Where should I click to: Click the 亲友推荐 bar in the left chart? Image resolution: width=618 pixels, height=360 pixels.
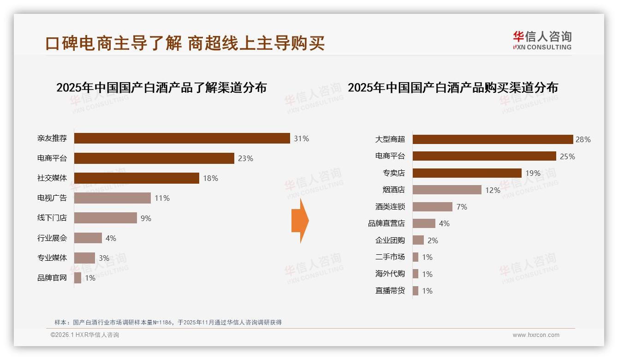182,138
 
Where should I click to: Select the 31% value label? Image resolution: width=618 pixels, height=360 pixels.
301,138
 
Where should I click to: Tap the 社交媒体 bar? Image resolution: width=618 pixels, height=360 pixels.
137,178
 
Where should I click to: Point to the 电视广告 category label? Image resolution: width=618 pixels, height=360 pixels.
52,198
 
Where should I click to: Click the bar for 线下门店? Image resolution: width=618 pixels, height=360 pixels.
106,218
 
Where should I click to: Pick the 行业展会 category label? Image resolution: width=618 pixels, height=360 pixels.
52,238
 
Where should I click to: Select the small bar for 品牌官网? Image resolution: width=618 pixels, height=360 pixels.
77,278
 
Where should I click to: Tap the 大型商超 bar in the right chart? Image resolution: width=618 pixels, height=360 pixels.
493,139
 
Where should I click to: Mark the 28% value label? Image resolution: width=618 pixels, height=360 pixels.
583,139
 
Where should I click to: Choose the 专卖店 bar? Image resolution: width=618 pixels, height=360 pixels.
467,173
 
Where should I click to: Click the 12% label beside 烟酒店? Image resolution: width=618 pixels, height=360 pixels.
493,190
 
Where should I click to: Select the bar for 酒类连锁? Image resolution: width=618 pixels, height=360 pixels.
432,207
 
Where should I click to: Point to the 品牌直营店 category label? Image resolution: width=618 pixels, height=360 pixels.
386,223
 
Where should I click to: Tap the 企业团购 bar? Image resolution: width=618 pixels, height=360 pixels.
418,240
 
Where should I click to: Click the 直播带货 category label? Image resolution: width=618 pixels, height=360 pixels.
390,291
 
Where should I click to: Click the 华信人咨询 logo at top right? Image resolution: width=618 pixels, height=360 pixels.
542,41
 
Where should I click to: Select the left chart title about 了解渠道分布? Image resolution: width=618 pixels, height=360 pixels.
161,88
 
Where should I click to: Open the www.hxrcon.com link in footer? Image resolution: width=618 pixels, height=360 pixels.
536,335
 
